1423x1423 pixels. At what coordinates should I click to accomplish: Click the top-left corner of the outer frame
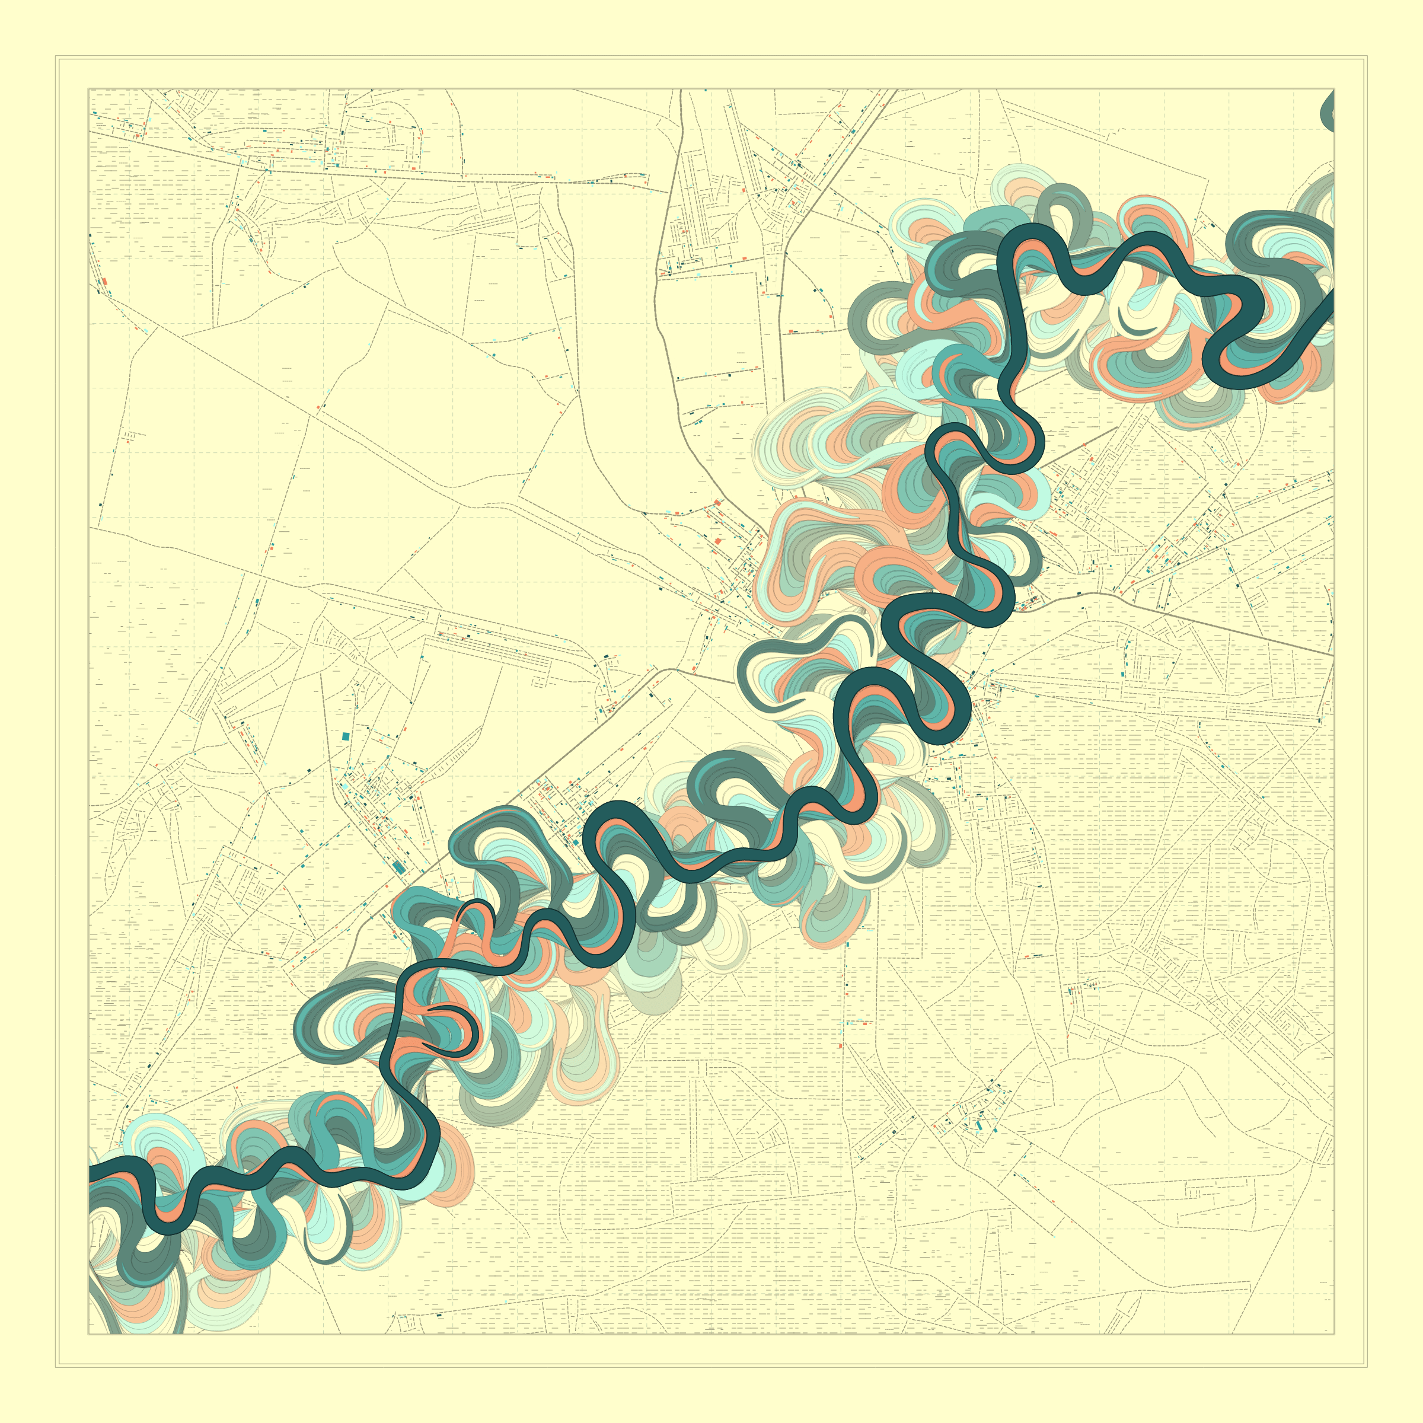56,56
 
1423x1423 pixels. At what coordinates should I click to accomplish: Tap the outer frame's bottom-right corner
1367,1367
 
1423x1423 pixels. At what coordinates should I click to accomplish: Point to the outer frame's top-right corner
1367,56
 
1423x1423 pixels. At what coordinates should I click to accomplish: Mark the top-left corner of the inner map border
88,89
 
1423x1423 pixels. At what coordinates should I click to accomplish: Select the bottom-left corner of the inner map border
88,1334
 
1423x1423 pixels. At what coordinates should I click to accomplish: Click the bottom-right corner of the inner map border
1334,1334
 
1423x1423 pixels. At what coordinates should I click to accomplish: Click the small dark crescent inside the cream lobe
1135,325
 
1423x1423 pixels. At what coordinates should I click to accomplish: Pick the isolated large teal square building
346,736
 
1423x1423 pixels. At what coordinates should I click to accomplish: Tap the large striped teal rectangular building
398,867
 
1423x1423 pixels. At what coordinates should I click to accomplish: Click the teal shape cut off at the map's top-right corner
1328,110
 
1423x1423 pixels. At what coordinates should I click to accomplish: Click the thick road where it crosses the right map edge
1333,655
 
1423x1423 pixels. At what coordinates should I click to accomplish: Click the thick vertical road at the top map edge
681,91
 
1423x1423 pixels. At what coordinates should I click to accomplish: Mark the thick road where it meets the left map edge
90,133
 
